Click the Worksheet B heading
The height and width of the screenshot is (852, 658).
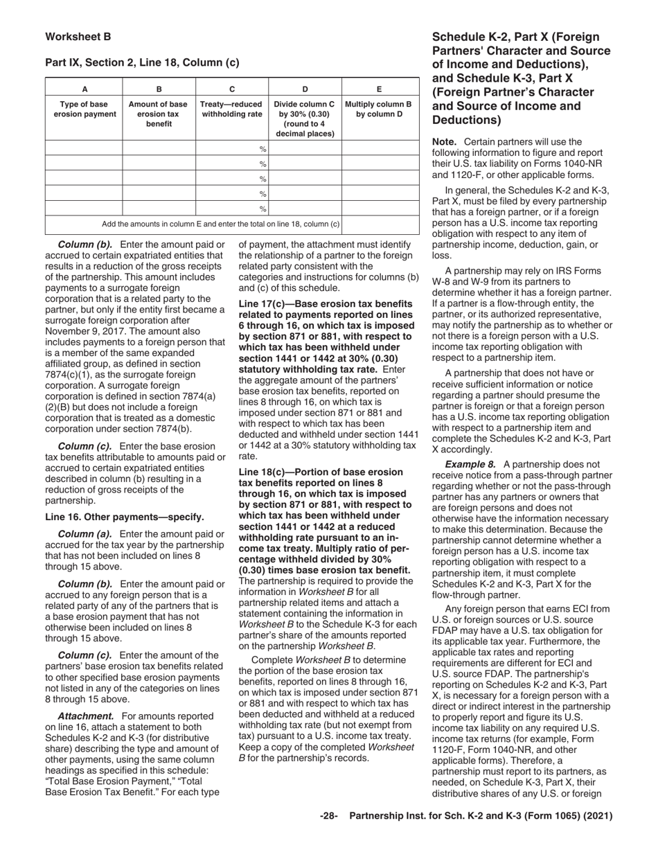click(78, 37)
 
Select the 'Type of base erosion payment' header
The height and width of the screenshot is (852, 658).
click(85, 109)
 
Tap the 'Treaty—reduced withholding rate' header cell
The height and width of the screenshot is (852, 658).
click(232, 109)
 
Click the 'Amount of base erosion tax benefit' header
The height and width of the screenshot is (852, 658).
click(159, 114)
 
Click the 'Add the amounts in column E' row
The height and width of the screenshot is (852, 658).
click(220, 224)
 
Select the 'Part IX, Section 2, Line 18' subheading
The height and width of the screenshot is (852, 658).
click(142, 62)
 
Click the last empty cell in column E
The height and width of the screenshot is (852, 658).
click(380, 208)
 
